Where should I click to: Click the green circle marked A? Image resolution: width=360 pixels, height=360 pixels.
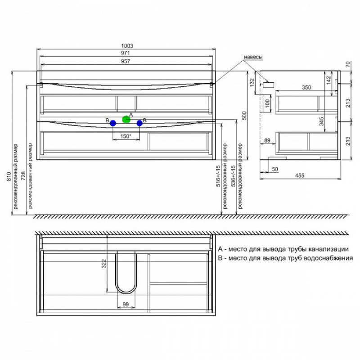[126, 119]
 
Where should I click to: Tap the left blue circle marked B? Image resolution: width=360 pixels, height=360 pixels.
[113, 123]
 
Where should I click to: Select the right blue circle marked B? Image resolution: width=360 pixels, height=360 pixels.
[139, 123]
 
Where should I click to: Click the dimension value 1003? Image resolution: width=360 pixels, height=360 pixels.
[127, 46]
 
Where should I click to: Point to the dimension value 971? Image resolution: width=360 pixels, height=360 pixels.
[126, 53]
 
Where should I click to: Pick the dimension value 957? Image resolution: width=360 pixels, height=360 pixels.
[126, 61]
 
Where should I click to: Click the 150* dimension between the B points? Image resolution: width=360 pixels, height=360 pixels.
[126, 136]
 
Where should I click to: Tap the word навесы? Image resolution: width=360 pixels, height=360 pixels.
[253, 57]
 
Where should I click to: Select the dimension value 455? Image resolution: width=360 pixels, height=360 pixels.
[300, 175]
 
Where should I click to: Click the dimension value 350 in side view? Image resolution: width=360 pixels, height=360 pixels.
[306, 87]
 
